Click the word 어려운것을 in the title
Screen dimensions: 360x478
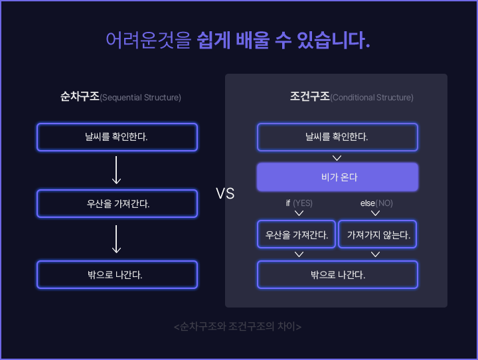point(149,40)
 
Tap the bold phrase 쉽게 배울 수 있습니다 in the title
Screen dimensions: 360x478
point(283,40)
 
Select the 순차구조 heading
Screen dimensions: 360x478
point(79,97)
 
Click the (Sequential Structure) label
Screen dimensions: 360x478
point(140,98)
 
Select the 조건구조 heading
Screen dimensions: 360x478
point(309,97)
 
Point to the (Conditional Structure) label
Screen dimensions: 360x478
point(372,98)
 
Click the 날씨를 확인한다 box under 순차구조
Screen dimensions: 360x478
point(117,137)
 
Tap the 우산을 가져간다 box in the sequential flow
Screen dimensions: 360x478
point(117,204)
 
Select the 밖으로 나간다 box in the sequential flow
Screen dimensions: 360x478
point(117,274)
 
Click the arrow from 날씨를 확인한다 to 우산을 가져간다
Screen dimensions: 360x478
point(117,170)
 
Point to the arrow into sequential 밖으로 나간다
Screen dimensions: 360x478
point(117,239)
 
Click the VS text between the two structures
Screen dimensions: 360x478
point(225,194)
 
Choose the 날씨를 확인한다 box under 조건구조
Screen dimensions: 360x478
point(337,137)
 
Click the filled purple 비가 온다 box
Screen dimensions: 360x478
point(337,177)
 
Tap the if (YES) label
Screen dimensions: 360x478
point(299,203)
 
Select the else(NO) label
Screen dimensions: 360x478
point(376,203)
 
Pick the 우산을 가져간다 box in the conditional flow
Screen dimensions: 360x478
point(297,234)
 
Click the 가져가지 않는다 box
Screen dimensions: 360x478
point(378,234)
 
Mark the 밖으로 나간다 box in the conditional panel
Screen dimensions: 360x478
point(337,274)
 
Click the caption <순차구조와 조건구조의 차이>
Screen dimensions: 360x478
point(238,327)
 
